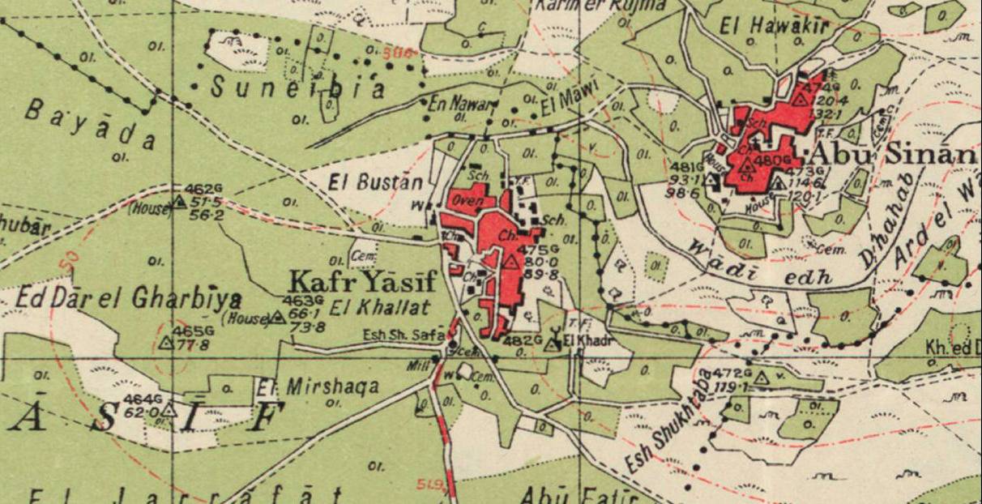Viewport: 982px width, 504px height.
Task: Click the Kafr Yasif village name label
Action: click(362, 283)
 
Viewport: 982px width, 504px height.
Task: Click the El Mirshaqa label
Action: click(318, 387)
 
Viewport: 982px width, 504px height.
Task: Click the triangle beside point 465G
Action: click(166, 343)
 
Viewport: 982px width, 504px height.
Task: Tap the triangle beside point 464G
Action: click(169, 411)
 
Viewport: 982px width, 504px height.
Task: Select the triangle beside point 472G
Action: click(760, 377)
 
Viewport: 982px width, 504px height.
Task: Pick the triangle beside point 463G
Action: click(278, 317)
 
